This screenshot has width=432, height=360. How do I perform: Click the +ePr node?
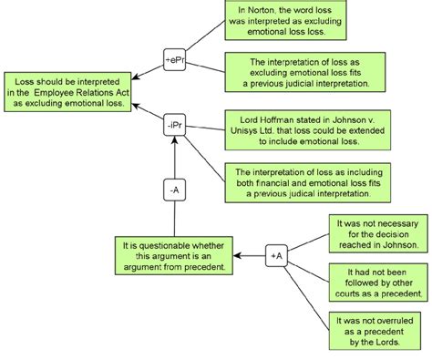(x=175, y=59)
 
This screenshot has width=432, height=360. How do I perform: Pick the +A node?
(x=277, y=256)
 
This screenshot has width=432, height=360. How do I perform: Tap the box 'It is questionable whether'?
(x=174, y=256)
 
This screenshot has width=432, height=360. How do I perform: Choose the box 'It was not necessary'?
(x=375, y=233)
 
